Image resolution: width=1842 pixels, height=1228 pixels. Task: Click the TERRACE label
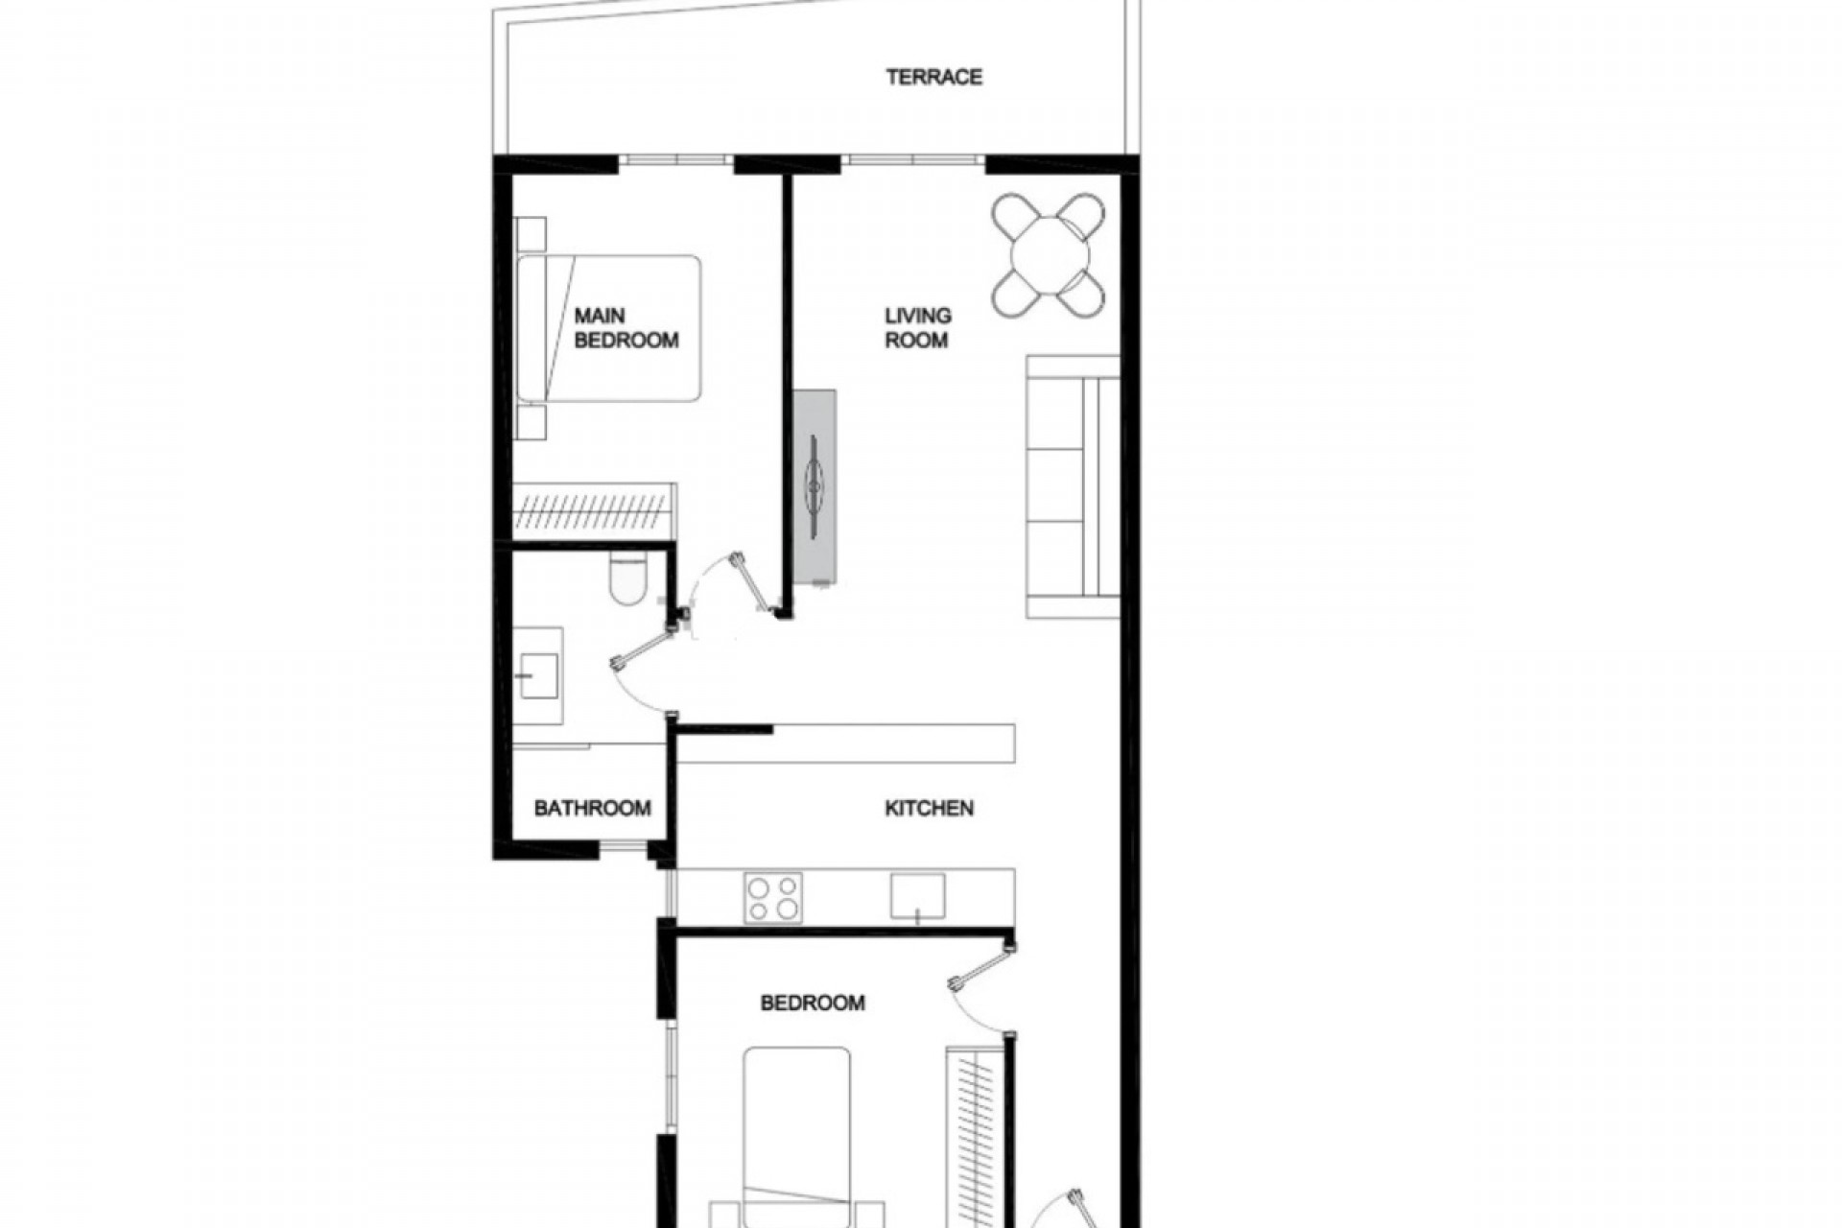coord(933,77)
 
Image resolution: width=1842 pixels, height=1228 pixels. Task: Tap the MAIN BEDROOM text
coord(626,328)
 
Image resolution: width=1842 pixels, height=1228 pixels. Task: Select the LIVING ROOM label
coord(917,328)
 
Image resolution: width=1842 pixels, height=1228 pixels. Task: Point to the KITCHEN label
coord(929,809)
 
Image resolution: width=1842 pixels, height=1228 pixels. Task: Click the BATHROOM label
coord(592,809)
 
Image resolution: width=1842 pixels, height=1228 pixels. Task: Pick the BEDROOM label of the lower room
coord(813,1004)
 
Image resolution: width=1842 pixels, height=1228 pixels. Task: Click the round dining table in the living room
coord(1050,256)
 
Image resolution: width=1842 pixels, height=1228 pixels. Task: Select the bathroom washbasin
coord(537,676)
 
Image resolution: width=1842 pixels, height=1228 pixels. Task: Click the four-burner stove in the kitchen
coord(773,898)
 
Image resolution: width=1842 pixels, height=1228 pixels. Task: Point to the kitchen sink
coord(917,896)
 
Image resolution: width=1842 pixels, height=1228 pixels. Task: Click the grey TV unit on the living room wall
coord(815,487)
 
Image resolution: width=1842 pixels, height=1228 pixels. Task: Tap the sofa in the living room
coord(1073,486)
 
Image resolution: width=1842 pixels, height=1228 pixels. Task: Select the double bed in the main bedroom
coord(609,328)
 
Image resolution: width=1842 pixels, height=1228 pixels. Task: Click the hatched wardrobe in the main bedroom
coord(595,510)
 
